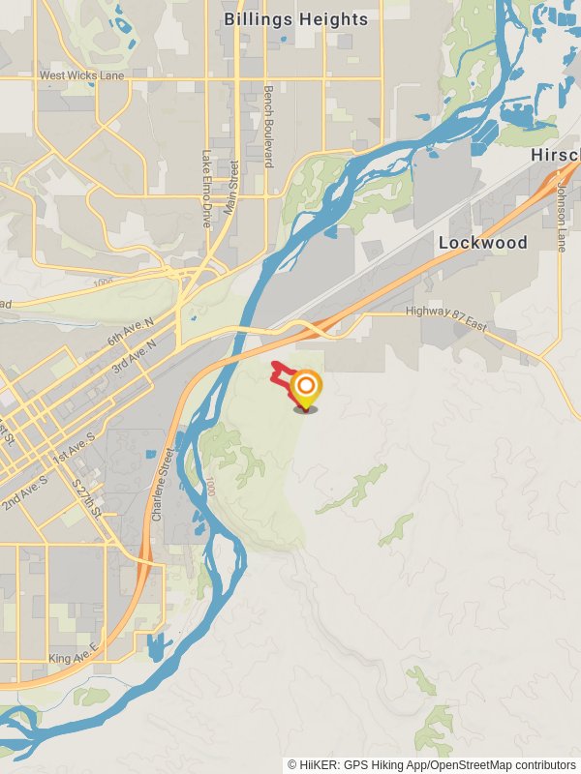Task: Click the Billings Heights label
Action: [x=295, y=19]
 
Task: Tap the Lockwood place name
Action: [x=482, y=243]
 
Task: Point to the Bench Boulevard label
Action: [x=268, y=126]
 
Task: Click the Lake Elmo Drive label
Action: [x=206, y=190]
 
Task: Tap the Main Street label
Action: [x=231, y=187]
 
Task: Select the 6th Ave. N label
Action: [x=131, y=334]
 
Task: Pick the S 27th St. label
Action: [x=87, y=498]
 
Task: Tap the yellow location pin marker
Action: [x=305, y=389]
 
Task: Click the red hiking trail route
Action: [x=280, y=372]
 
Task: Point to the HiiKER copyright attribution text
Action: [x=433, y=764]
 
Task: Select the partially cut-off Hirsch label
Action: [x=555, y=157]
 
